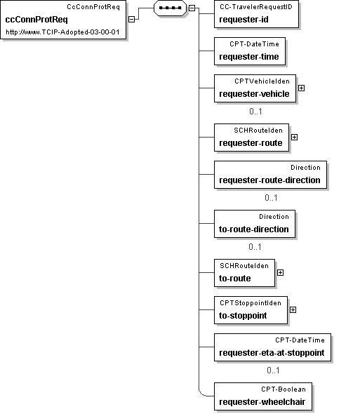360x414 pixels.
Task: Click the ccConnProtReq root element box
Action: pyautogui.click(x=63, y=20)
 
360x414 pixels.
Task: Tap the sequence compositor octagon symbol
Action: pyautogui.click(x=170, y=8)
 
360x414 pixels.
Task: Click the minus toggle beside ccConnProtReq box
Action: pyautogui.click(x=131, y=19)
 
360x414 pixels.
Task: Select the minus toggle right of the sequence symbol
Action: pyautogui.click(x=192, y=8)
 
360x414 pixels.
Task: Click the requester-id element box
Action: pyautogui.click(x=256, y=14)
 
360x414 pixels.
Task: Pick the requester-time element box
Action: pyautogui.click(x=250, y=51)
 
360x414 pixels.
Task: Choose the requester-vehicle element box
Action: pyautogui.click(x=255, y=88)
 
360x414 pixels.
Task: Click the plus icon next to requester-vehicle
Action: pyautogui.click(x=301, y=88)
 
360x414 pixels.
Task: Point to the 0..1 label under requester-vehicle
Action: pyautogui.click(x=255, y=112)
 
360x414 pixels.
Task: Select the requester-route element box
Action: pyautogui.click(x=252, y=138)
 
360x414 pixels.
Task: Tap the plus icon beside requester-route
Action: pyautogui.click(x=295, y=138)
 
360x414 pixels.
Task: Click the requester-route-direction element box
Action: pyautogui.click(x=270, y=175)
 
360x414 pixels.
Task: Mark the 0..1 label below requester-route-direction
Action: pyautogui.click(x=271, y=198)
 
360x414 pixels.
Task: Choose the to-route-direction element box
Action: pyautogui.click(x=255, y=224)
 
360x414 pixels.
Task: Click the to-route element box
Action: pyautogui.click(x=245, y=273)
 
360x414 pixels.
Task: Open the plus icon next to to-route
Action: pyautogui.click(x=281, y=273)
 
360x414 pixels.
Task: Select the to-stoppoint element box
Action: pyautogui.click(x=251, y=310)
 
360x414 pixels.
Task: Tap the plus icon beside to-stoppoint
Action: pyautogui.click(x=293, y=310)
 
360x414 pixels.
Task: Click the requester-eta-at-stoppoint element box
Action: pyautogui.click(x=272, y=347)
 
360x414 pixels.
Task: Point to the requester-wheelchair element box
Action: pyautogui.click(x=263, y=396)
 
